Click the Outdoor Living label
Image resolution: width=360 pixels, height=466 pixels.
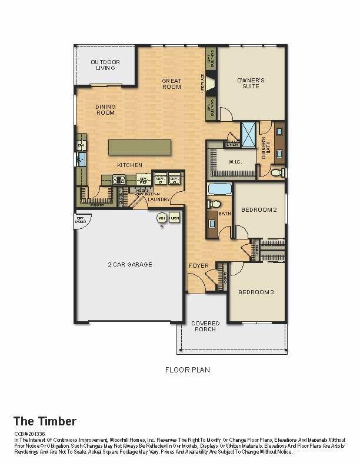pos(105,65)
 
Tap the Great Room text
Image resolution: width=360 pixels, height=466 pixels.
pos(172,84)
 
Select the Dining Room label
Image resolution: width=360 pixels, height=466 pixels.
pos(105,109)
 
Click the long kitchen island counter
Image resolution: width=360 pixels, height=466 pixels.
pos(140,147)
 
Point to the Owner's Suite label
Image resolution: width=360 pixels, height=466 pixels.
pos(251,83)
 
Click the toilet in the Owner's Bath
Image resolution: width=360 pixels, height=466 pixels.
pos(278,172)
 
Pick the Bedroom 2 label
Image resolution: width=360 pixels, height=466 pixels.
pos(259,209)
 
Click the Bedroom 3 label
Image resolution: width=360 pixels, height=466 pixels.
pos(256,292)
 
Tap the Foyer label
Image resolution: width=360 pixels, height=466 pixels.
pos(199,266)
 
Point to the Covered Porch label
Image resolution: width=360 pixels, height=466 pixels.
pos(205,327)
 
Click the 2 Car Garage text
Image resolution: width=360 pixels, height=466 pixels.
pos(130,265)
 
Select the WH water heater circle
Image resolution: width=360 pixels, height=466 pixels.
pos(161,218)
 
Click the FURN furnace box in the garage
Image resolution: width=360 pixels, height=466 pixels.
pos(174,218)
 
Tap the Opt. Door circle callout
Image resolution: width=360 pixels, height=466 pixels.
pos(80,219)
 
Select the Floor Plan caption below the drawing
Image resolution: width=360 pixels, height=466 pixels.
pos(187,370)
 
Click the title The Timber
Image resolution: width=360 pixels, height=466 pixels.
pos(44,421)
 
